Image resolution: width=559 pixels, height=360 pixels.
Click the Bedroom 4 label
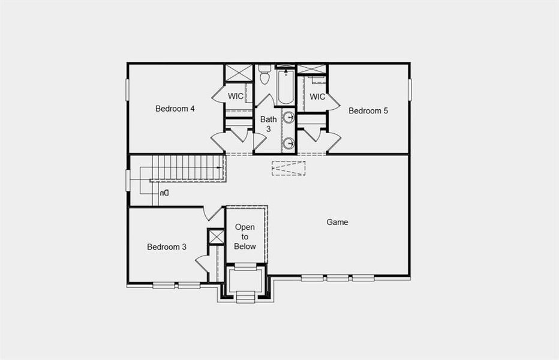click(175, 109)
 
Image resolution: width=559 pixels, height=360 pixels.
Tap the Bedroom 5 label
click(368, 110)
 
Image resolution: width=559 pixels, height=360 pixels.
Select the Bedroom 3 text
click(167, 247)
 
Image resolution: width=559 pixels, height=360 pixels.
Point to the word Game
click(337, 222)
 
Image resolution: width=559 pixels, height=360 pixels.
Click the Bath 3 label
click(268, 124)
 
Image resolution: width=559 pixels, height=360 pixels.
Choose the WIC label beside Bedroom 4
click(235, 96)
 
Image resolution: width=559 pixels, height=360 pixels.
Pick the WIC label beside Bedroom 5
click(317, 97)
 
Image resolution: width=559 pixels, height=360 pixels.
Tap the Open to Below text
click(245, 236)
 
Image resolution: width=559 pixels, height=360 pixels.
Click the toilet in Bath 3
click(265, 76)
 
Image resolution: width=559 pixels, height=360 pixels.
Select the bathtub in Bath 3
click(285, 88)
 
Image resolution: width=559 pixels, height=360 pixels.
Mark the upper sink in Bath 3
click(288, 117)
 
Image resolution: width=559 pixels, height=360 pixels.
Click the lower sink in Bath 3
click(288, 143)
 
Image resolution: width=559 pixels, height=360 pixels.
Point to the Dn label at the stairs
click(164, 193)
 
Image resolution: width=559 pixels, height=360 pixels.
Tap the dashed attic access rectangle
click(288, 168)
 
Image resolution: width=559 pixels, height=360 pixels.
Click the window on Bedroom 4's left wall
click(127, 90)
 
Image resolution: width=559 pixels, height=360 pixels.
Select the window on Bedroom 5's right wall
click(411, 89)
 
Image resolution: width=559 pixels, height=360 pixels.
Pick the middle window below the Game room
click(337, 278)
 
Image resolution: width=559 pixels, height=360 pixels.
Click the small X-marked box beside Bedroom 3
click(215, 236)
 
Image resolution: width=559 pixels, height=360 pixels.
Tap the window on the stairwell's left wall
click(127, 181)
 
